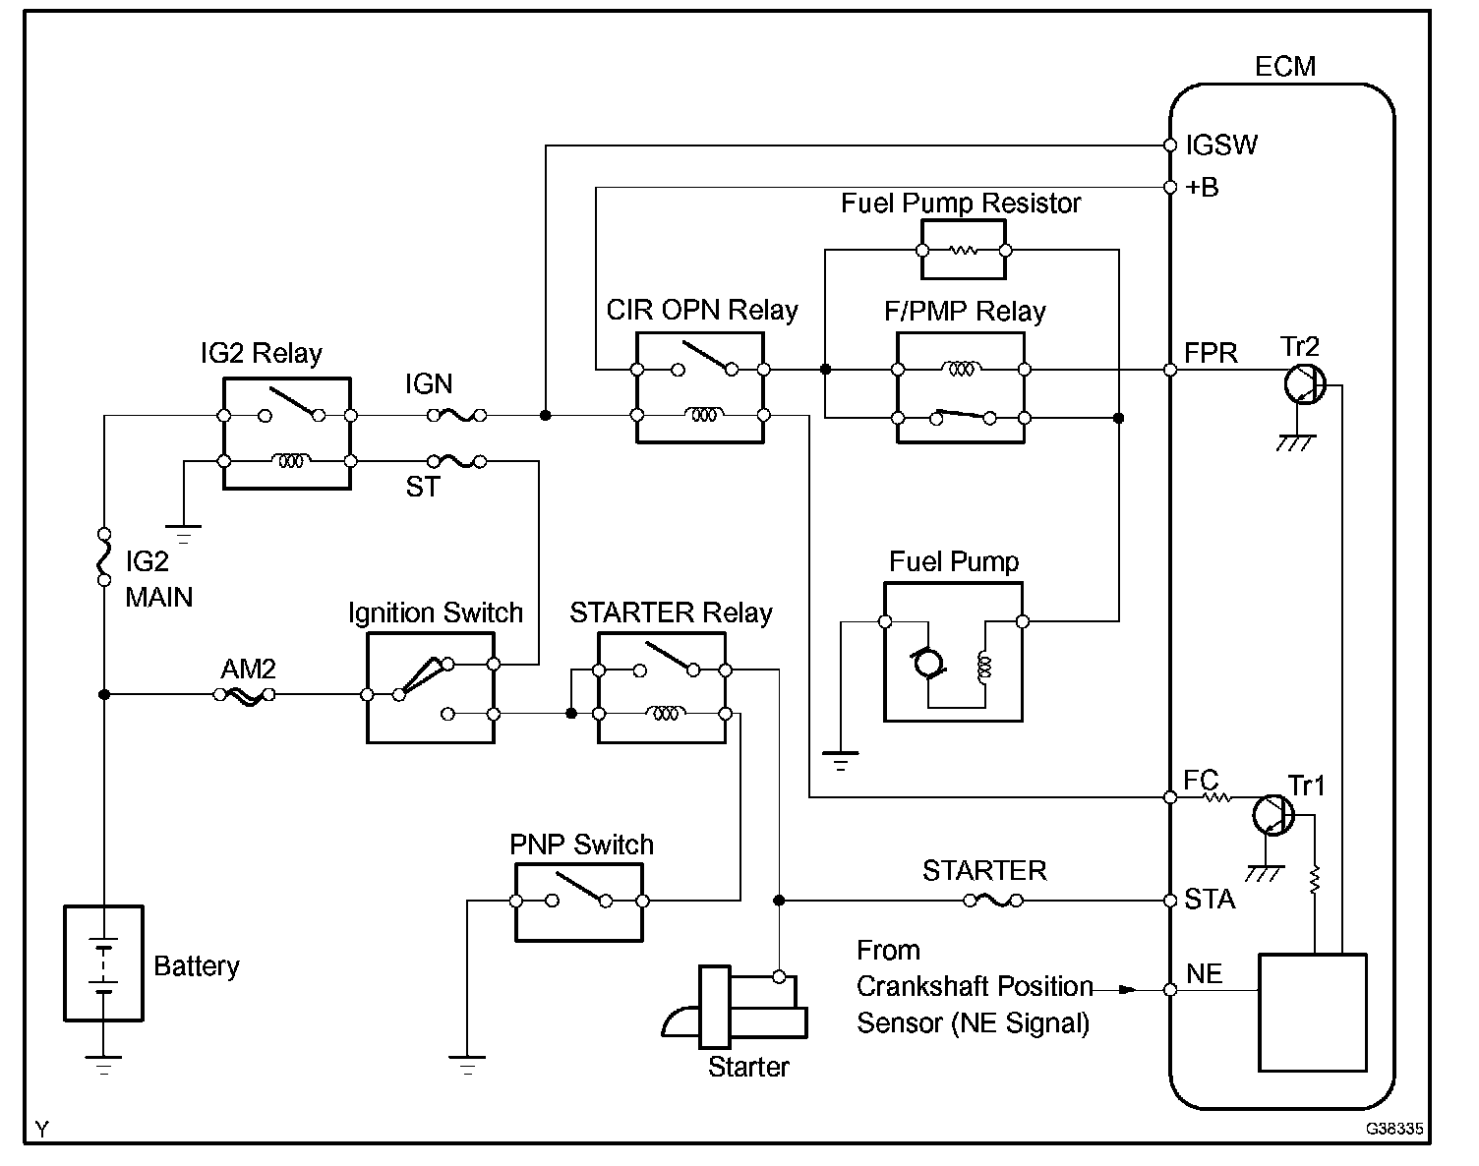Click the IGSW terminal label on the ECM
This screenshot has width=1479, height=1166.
(x=1221, y=145)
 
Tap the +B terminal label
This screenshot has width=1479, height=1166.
(x=1202, y=187)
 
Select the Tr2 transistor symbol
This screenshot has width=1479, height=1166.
(x=1304, y=384)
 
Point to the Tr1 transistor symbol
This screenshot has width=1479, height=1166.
(x=1272, y=815)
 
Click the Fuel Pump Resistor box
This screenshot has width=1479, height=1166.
(x=963, y=250)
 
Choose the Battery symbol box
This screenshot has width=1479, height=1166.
(x=104, y=963)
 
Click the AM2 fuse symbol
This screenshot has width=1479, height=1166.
(x=245, y=695)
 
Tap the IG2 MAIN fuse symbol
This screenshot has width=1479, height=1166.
(x=104, y=556)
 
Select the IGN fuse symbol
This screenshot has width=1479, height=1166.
(x=457, y=415)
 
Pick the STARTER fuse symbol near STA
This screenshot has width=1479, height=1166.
(x=993, y=901)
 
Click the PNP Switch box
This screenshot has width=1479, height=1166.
(x=579, y=903)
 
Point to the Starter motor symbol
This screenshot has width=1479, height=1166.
(x=735, y=1007)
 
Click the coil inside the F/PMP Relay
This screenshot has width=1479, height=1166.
(x=962, y=369)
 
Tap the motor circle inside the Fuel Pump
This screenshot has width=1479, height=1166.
(x=927, y=664)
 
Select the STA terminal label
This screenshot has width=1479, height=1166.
(x=1210, y=900)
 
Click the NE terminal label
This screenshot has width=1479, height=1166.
(x=1204, y=973)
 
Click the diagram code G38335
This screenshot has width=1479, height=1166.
(x=1393, y=1129)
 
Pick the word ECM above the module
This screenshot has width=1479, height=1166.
(x=1285, y=67)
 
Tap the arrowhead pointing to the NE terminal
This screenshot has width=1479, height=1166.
(x=1128, y=989)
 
